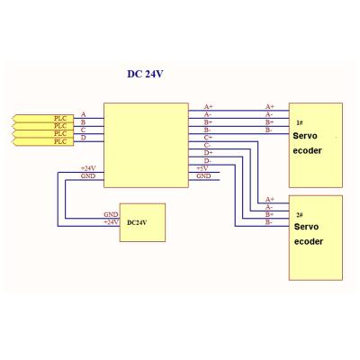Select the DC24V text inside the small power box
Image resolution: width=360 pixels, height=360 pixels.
pos(138,221)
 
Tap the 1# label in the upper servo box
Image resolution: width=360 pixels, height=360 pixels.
pos(300,122)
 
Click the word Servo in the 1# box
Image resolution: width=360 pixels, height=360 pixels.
pos(306,135)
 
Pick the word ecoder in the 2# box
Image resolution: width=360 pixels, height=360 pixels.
pos(308,242)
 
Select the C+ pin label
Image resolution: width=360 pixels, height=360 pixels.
pos(208,137)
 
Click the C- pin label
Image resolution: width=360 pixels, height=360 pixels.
pos(208,145)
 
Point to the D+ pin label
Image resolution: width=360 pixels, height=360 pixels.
pos(208,153)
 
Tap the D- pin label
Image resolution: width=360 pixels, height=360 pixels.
pos(208,161)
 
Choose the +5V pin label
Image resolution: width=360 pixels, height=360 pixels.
pos(203,168)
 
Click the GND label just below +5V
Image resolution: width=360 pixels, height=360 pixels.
pos(203,176)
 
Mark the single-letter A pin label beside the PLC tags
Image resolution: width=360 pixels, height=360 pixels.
pos(84,114)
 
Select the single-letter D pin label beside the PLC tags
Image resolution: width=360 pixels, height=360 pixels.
pos(84,138)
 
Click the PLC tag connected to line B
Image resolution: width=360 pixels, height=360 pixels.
pos(60,125)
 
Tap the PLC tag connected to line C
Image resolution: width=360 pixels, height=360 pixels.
pos(60,133)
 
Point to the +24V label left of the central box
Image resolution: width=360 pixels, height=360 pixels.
pos(88,168)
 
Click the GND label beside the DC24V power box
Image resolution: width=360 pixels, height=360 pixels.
pos(111,214)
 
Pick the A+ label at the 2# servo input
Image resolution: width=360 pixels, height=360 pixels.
pos(269,199)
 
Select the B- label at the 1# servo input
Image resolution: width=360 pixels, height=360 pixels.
pos(269,130)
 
